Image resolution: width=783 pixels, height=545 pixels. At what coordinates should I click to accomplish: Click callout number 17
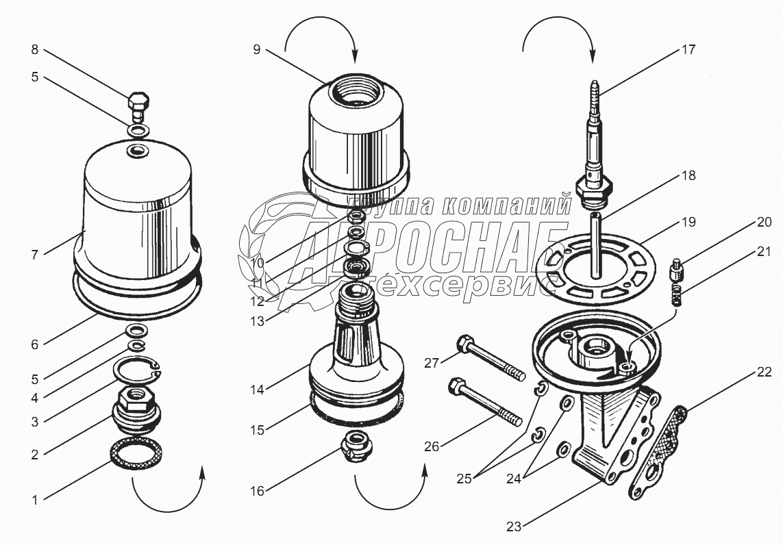coord(688,49)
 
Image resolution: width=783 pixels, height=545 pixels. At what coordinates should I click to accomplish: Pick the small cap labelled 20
coord(675,269)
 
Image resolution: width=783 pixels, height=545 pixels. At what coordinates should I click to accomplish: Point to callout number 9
coord(256,50)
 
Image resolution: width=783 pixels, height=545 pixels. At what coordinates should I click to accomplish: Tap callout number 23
coord(514,527)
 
